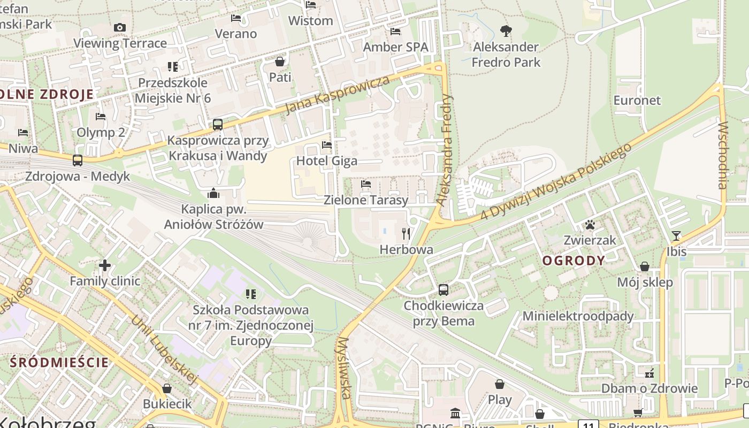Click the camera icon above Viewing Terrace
[120, 28]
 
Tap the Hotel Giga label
[326, 160]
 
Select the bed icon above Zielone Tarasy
[366, 185]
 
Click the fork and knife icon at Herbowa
[406, 233]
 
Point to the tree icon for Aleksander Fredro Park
[506, 31]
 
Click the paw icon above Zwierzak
[590, 225]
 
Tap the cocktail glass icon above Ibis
[676, 235]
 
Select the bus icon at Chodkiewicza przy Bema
[444, 290]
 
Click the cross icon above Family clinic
[105, 265]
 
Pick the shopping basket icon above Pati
[280, 62]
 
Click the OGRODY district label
[574, 261]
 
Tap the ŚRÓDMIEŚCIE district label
[59, 362]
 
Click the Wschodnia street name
[723, 155]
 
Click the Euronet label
[637, 101]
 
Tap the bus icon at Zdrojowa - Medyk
[78, 160]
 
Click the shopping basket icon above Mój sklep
[645, 266]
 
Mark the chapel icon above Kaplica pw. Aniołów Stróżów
[213, 193]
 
